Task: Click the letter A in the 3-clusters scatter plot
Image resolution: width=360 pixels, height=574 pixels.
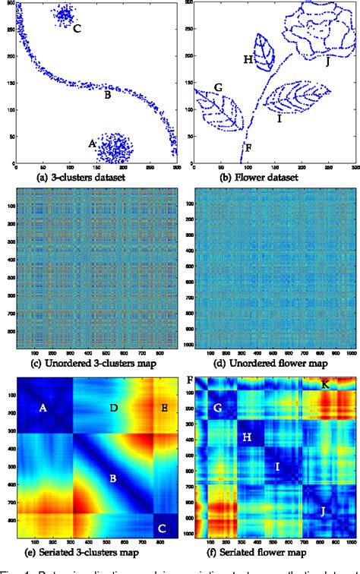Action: (93, 143)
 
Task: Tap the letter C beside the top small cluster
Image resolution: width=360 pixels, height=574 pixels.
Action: (77, 29)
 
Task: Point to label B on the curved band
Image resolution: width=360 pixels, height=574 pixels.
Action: (108, 96)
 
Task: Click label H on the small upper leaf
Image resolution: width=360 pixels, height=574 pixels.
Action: (248, 59)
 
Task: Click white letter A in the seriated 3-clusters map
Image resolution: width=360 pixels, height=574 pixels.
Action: (43, 408)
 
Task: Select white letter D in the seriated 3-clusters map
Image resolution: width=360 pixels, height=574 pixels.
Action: (112, 409)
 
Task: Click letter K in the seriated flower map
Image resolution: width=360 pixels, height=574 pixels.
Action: (325, 384)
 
